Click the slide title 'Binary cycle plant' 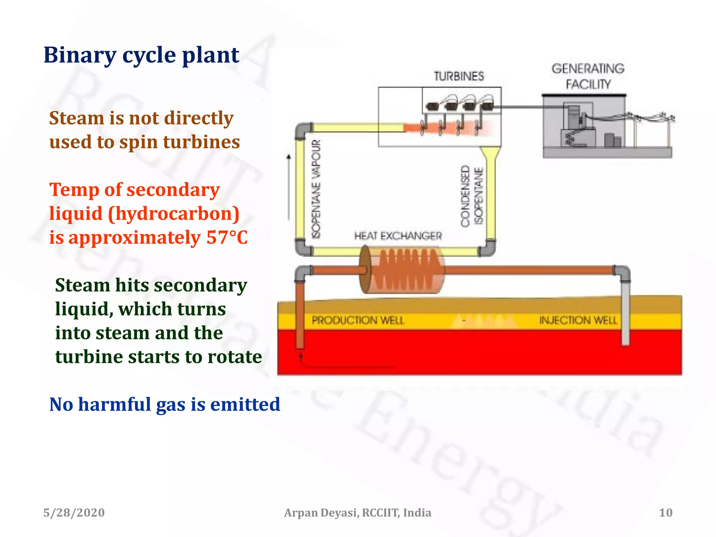click(x=141, y=55)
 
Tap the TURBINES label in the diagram click(x=459, y=76)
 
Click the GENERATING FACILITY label click(x=588, y=76)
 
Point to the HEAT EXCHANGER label click(x=398, y=236)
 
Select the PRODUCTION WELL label click(x=358, y=320)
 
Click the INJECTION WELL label click(x=578, y=320)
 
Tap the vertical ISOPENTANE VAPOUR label click(x=316, y=189)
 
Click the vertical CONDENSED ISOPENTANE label click(x=472, y=196)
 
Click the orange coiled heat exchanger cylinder click(x=402, y=270)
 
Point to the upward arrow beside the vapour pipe click(x=289, y=185)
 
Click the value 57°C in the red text click(x=227, y=237)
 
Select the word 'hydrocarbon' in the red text click(x=174, y=214)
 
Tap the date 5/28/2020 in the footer click(x=74, y=513)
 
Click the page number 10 click(x=665, y=513)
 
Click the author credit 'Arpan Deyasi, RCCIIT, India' click(x=357, y=513)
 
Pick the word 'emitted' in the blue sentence click(x=245, y=404)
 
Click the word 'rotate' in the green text click(x=235, y=357)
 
